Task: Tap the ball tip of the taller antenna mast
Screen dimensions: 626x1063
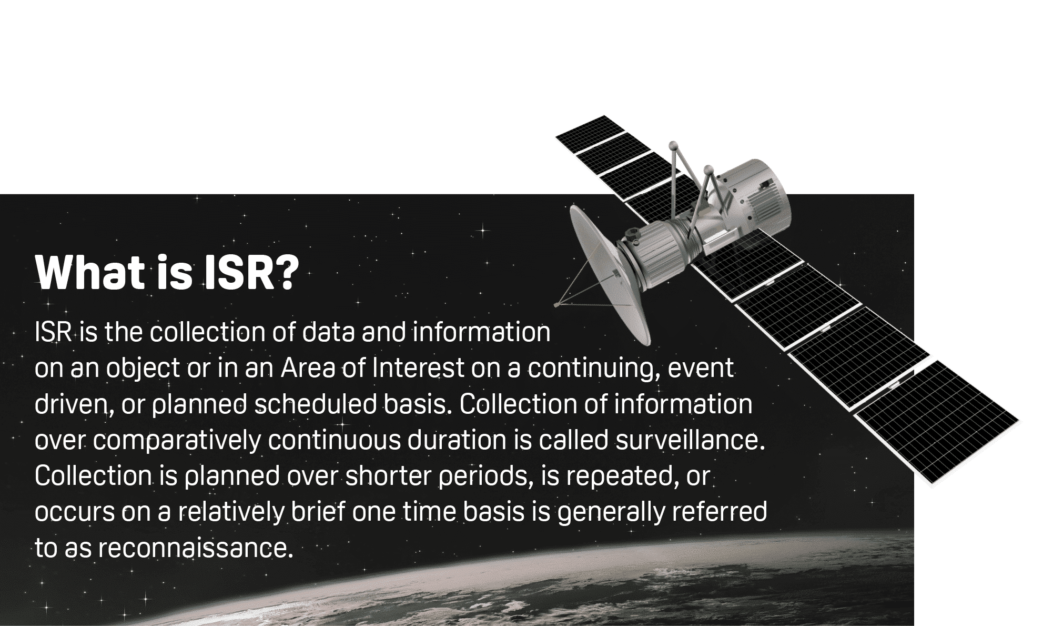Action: click(x=672, y=145)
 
